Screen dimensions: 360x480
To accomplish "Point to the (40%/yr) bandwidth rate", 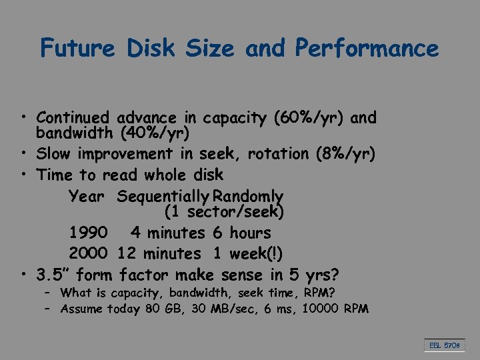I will coord(155,133).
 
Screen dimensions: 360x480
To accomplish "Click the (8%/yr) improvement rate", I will coord(345,154).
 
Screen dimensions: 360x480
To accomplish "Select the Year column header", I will coord(87,197).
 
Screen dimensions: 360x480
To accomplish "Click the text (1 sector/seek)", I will coord(224,212).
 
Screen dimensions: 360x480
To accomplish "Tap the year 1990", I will coord(88,233).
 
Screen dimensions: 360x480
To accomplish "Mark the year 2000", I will coord(88,253).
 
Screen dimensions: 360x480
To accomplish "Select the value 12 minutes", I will coord(159,253).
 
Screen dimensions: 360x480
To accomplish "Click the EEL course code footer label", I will coord(443,346).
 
